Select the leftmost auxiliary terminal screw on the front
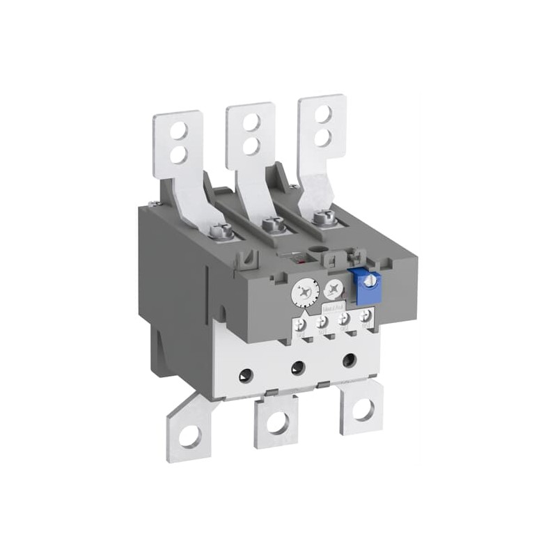tap(301, 324)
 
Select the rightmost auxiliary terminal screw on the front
tap(366, 317)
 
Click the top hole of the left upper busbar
tap(178, 130)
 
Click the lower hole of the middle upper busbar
tap(251, 146)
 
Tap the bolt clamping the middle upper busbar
tap(274, 224)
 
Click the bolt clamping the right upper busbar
tap(322, 217)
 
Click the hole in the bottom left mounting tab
tap(189, 437)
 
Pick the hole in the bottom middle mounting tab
tap(276, 421)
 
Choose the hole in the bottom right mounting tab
tap(362, 409)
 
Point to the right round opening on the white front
tap(350, 360)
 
